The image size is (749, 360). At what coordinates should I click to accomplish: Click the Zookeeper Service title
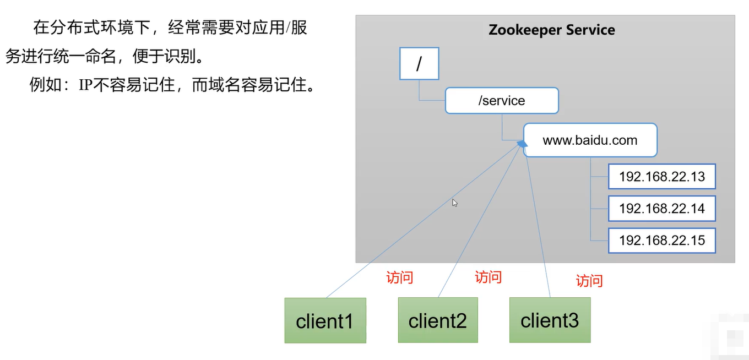pos(552,30)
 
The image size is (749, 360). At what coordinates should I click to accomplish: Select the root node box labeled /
pos(419,64)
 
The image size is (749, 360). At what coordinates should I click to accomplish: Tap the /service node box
pos(502,101)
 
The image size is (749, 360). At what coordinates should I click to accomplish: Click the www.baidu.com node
pos(590,140)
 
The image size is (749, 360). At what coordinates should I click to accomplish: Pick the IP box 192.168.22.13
pos(661,177)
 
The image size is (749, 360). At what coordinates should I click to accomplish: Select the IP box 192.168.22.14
pos(661,209)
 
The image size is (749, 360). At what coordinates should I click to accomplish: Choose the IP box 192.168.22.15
pos(661,241)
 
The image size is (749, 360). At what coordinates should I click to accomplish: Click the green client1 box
pos(325,320)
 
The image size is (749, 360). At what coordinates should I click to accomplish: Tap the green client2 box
pos(438,320)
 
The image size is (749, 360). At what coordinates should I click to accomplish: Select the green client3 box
pos(550,320)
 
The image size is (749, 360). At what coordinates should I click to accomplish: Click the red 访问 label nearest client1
pos(399,277)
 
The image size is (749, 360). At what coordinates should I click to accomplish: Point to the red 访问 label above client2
pos(488,277)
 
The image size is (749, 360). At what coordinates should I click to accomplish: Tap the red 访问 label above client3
pos(589,281)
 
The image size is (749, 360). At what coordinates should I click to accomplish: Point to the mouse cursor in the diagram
pos(455,203)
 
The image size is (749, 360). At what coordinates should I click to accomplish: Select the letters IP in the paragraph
pos(86,86)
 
